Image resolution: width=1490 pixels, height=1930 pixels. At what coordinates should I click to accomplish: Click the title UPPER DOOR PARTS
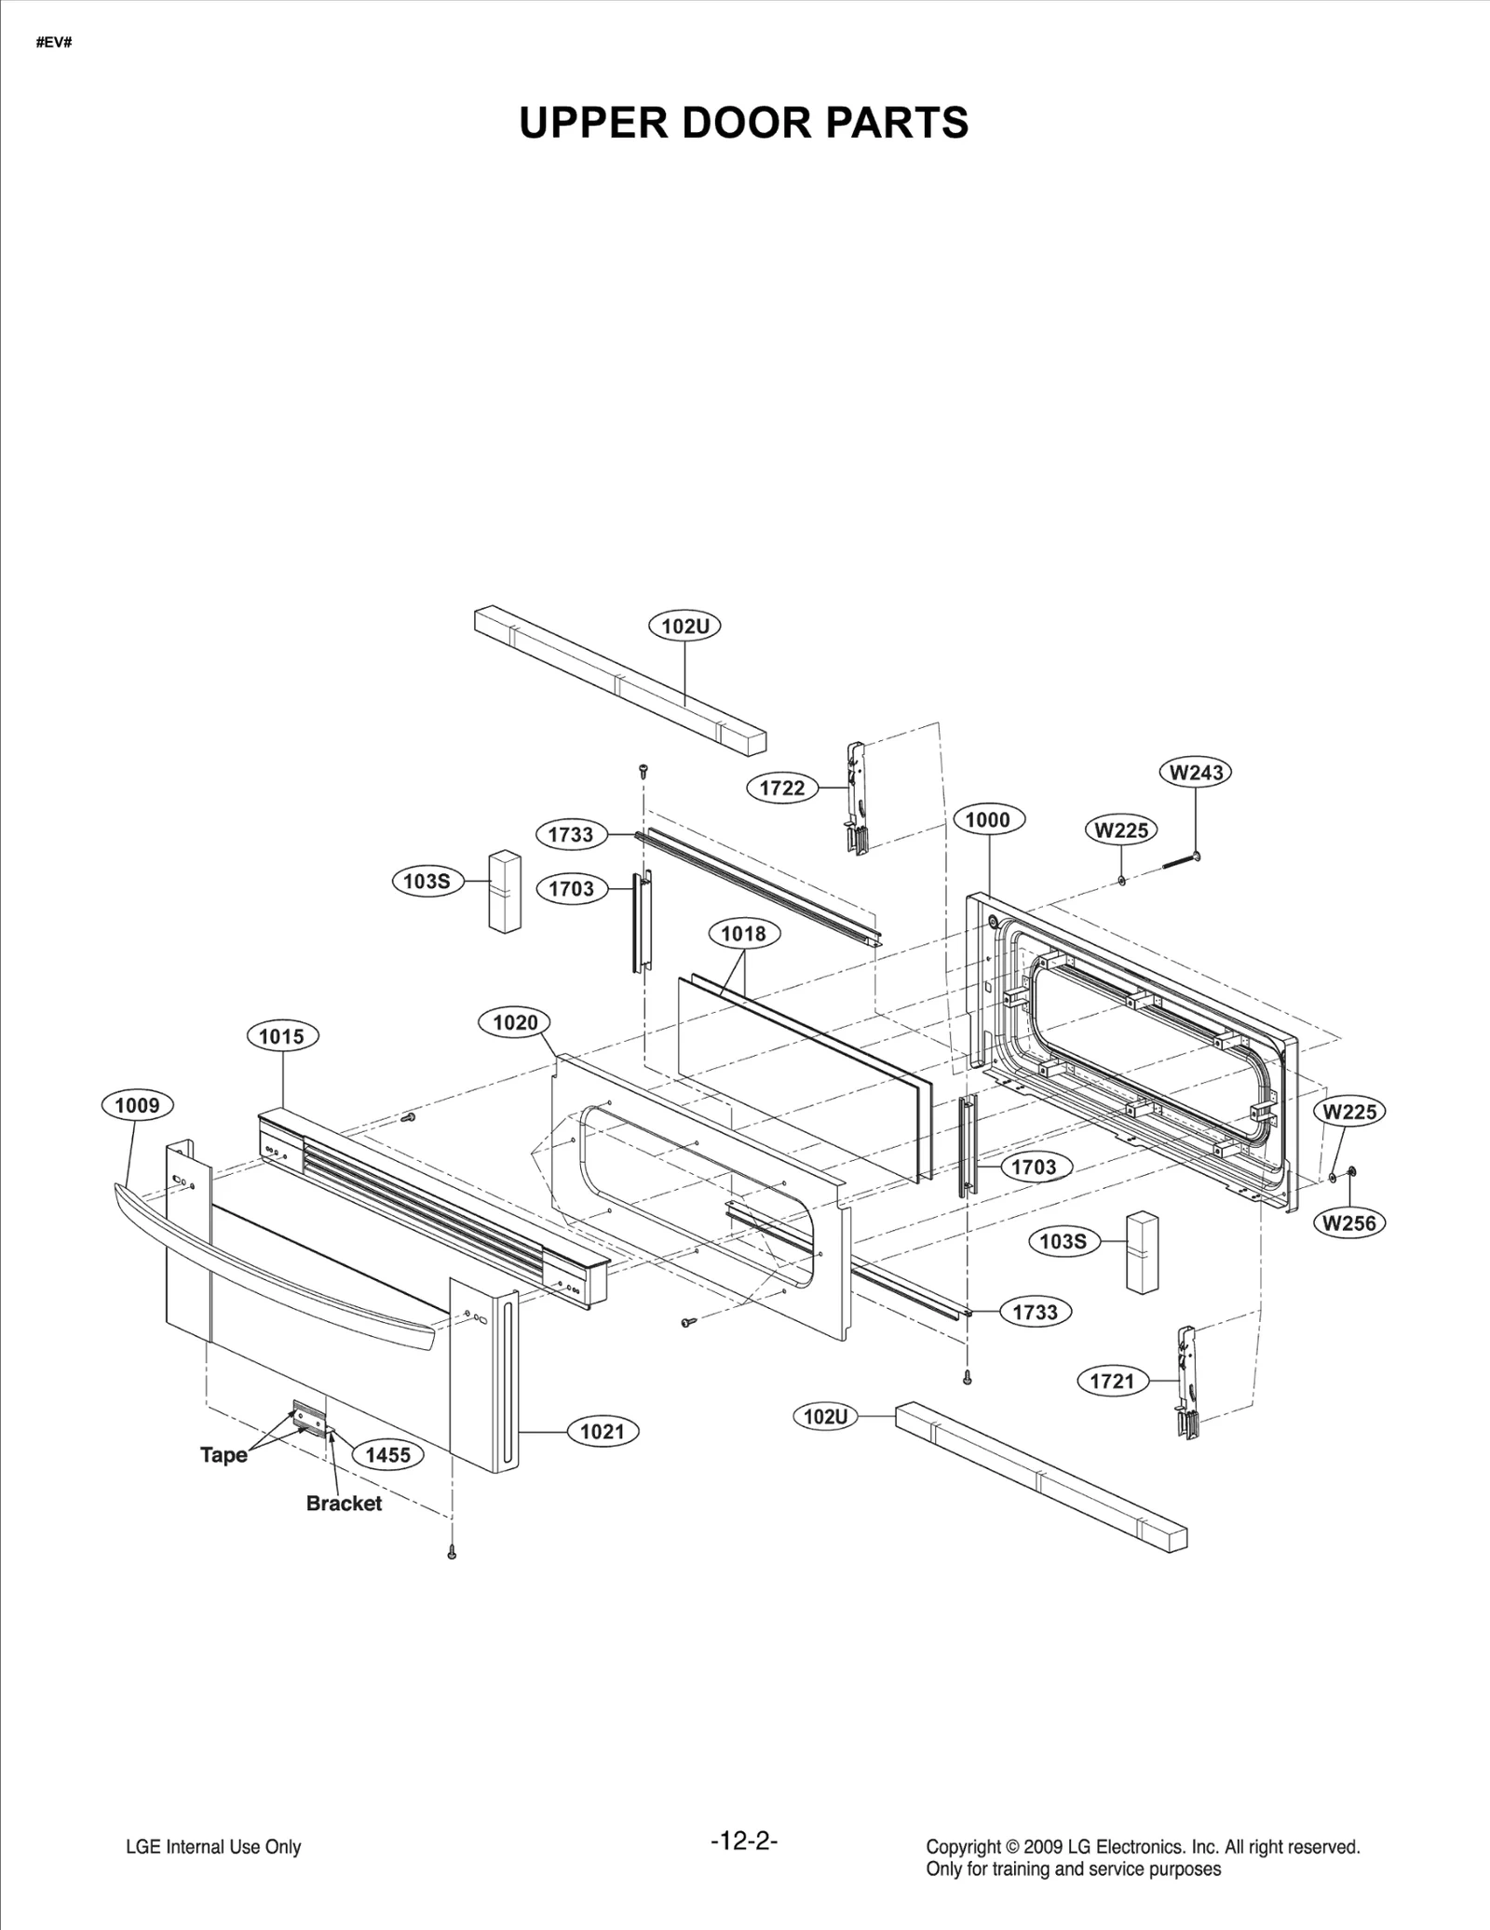click(x=743, y=123)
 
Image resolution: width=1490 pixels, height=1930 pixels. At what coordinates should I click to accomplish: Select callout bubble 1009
click(x=137, y=1105)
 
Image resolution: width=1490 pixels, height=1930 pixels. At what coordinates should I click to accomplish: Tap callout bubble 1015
click(x=281, y=1036)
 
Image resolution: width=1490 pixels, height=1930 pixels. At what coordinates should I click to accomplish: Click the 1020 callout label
click(x=515, y=1023)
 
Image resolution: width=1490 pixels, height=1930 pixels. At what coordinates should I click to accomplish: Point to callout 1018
click(x=743, y=933)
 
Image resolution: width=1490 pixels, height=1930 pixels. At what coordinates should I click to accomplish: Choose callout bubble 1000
click(x=987, y=819)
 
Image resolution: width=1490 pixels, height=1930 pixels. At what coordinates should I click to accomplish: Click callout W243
click(x=1196, y=772)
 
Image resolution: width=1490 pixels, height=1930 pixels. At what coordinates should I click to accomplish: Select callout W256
click(x=1349, y=1223)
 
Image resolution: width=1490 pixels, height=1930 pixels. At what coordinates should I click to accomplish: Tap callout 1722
click(x=781, y=788)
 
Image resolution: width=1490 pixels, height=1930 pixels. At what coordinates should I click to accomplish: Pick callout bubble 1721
click(x=1112, y=1381)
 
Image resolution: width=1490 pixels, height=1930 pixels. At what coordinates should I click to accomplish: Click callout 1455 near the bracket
click(x=387, y=1454)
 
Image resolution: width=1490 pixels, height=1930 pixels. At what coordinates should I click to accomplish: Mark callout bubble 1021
click(x=603, y=1432)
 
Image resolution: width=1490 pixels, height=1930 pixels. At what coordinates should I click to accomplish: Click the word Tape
click(x=223, y=1454)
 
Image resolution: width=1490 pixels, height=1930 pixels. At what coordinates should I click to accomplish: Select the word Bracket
click(x=344, y=1503)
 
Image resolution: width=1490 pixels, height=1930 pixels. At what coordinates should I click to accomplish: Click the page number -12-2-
click(x=743, y=1841)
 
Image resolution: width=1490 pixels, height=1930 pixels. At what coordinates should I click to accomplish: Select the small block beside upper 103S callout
click(x=505, y=890)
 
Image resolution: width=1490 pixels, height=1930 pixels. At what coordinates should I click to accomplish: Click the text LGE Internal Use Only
click(x=213, y=1847)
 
